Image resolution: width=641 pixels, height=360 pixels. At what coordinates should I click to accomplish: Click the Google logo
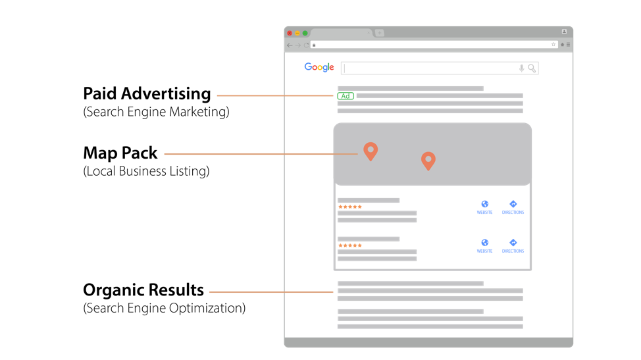[319, 67]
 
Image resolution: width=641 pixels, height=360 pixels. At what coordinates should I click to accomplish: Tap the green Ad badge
[346, 96]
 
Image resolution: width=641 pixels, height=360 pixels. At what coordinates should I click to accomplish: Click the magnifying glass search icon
[532, 68]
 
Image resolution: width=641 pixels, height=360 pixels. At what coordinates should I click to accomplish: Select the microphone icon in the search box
[522, 68]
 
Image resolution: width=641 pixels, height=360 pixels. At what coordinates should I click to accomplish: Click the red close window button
[290, 33]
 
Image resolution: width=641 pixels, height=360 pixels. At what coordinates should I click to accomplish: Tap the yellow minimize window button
[297, 33]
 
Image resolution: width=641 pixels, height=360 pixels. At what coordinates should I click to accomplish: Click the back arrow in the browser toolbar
[290, 45]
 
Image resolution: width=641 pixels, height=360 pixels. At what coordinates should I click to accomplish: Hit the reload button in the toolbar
[306, 45]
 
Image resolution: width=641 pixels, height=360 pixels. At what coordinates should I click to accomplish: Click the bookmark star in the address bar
[553, 45]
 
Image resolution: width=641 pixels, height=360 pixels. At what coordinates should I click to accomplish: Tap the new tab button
[380, 33]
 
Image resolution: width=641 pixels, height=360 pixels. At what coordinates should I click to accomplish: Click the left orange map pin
[371, 151]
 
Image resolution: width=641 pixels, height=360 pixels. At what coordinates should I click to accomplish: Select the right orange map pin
[428, 160]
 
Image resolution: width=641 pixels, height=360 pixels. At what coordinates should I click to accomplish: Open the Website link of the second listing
[485, 245]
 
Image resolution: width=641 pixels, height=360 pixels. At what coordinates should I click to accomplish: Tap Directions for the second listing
[513, 245]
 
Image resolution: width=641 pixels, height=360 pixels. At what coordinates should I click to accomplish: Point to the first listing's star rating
[350, 207]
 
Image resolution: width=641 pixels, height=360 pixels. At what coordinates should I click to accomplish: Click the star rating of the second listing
[350, 245]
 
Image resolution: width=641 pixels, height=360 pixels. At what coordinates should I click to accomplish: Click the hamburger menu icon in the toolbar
[568, 45]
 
